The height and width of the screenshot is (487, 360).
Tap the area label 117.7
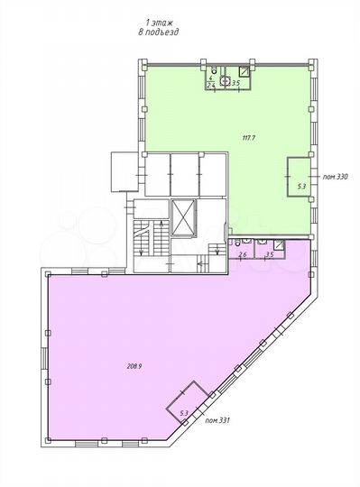click(x=249, y=137)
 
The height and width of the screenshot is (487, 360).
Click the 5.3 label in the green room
click(x=301, y=187)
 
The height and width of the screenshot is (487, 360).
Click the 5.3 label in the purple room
click(x=184, y=413)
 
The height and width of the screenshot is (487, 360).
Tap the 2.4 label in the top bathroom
click(x=212, y=84)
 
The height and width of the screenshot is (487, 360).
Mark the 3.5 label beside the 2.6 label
click(x=269, y=255)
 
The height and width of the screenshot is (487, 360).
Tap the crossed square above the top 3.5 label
click(x=245, y=70)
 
